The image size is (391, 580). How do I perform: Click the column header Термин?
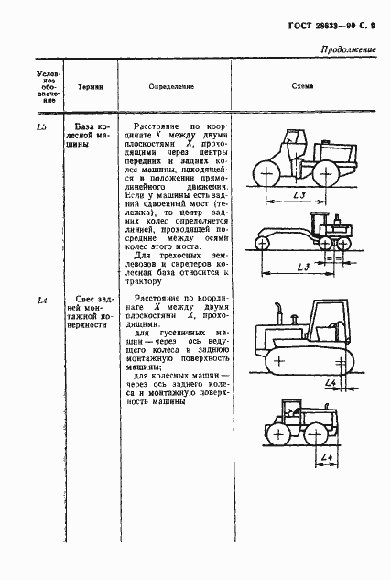tap(89, 85)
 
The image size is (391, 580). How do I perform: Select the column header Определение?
tap(171, 85)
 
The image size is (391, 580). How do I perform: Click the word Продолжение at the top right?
tap(349, 49)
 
